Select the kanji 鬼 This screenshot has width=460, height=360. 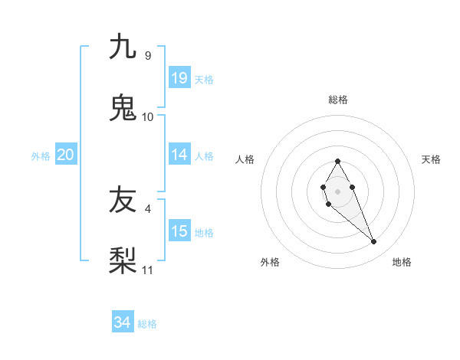coord(123,106)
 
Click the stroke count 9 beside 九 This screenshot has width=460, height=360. coord(147,55)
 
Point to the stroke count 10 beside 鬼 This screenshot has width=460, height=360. coord(148,116)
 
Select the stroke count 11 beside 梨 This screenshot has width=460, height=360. coord(148,270)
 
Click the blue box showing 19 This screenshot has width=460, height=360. coord(179,77)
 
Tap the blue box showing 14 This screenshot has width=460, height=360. coord(179,155)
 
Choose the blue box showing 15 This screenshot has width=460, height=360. coord(179,231)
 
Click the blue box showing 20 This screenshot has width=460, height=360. coord(66,155)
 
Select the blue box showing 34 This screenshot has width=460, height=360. coord(122,323)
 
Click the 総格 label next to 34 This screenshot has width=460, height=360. coord(147,324)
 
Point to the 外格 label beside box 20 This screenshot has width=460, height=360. coord(41,155)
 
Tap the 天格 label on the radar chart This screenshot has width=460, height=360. coord(431,159)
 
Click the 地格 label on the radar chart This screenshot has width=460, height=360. coord(402,262)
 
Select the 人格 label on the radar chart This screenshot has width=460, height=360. coord(245,159)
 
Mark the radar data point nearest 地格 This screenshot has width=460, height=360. coord(374,242)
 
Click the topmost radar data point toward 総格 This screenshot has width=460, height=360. coord(337,161)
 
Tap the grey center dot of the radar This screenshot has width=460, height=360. coord(337,190)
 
